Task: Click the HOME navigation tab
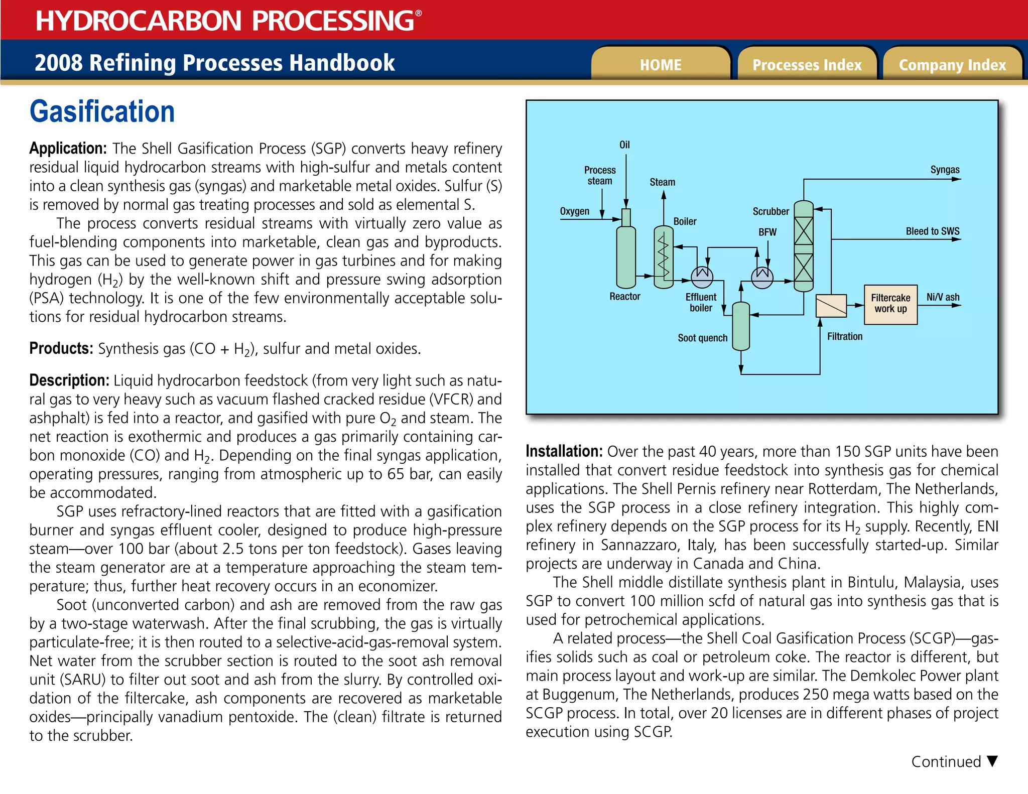point(661,64)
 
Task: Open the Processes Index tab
point(807,64)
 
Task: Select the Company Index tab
point(952,64)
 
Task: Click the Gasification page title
point(102,111)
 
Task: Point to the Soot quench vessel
point(741,326)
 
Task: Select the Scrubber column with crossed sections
point(804,246)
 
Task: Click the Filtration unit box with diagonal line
point(831,305)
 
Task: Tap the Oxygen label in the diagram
point(575,211)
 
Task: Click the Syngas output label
point(945,170)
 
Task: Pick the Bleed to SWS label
point(932,231)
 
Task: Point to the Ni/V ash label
point(943,297)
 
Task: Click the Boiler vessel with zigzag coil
point(664,257)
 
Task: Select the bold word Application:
point(68,149)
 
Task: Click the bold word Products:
point(61,348)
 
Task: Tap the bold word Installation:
point(564,451)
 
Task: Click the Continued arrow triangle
point(992,761)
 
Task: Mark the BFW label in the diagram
point(767,232)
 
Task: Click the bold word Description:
point(69,380)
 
